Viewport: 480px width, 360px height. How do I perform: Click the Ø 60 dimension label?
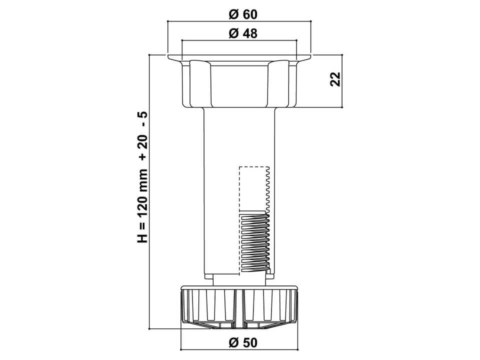pos(243,14)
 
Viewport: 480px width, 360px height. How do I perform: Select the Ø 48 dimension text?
pos(243,33)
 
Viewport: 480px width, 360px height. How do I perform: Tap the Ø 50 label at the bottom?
pos(243,342)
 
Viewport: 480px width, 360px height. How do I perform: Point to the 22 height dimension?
pos(335,79)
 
